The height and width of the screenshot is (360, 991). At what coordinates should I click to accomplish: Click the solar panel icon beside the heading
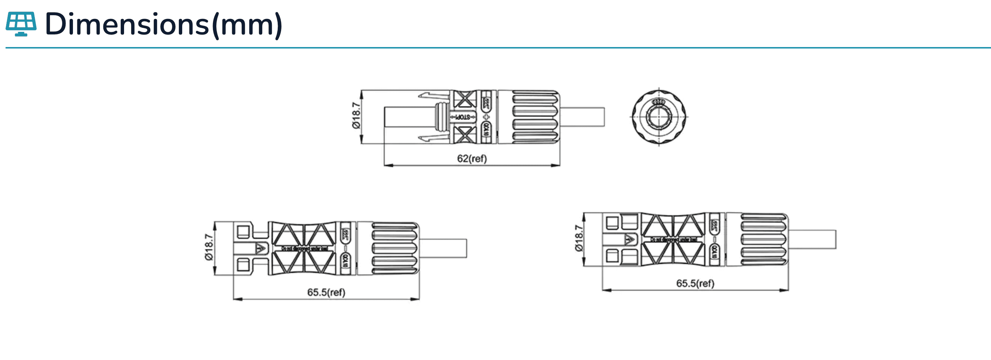click(21, 24)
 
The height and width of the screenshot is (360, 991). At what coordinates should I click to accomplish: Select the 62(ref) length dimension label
click(472, 159)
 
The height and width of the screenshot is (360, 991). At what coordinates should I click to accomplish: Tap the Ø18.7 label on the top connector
click(357, 116)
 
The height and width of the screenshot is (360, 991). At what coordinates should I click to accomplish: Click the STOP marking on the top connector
click(463, 117)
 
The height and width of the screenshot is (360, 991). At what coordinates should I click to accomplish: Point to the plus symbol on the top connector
click(486, 117)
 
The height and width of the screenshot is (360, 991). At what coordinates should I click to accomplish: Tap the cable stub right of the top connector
click(582, 117)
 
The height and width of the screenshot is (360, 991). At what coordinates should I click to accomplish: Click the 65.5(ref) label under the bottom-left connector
click(326, 292)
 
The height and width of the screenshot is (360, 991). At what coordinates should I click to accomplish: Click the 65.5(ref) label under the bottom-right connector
click(695, 283)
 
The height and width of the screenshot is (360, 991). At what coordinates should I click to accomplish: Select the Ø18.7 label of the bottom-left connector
click(209, 247)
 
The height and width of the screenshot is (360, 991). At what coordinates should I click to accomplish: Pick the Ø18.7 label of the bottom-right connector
click(578, 238)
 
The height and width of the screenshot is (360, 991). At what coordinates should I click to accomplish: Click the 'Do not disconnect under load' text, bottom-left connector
click(304, 249)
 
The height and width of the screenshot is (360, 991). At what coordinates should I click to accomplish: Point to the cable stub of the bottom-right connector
click(812, 239)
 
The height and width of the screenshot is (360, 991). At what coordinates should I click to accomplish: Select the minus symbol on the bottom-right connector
click(714, 240)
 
